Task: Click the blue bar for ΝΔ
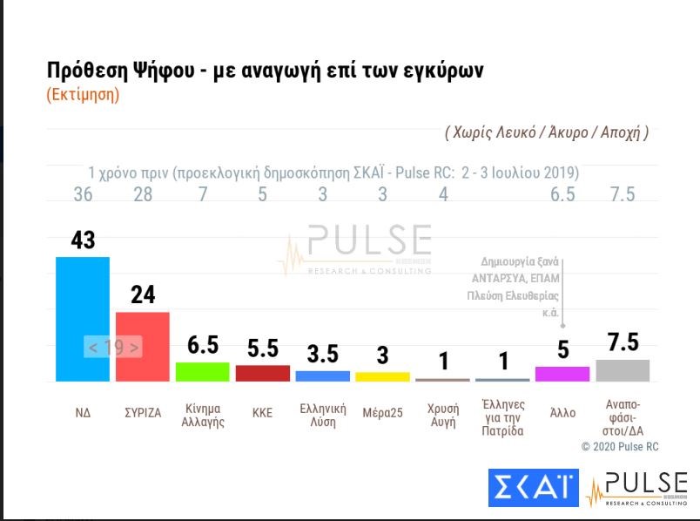[x=83, y=318]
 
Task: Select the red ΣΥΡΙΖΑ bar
[x=142, y=346]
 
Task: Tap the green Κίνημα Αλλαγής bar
[x=202, y=372]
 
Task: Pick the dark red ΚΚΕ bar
[x=262, y=373]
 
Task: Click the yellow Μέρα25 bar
[x=382, y=376]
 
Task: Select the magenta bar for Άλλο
[x=562, y=374]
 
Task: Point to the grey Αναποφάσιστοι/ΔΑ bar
[x=623, y=370]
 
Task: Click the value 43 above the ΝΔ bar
[x=83, y=240]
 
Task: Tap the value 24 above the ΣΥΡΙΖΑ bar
[x=143, y=294]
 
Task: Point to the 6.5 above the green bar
[x=202, y=345]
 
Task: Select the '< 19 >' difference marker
[x=113, y=347]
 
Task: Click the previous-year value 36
[x=83, y=194]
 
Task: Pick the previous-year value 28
[x=143, y=194]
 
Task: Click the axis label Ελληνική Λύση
[x=322, y=414]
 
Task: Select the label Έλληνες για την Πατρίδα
[x=502, y=416]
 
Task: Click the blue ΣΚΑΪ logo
[x=532, y=488]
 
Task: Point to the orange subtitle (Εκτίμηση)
[x=82, y=95]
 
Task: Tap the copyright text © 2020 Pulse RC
[x=621, y=446]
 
